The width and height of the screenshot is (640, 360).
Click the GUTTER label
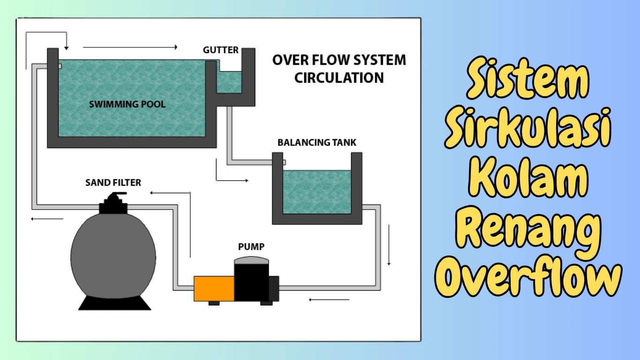point(221,50)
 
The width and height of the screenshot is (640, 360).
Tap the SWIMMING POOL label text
point(127,104)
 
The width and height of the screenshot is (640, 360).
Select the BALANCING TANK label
point(317,142)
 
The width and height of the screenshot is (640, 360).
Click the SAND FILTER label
point(113,182)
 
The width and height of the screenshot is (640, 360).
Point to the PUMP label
point(251,246)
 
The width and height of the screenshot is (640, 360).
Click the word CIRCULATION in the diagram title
point(339,77)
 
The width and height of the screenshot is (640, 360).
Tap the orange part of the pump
point(214,288)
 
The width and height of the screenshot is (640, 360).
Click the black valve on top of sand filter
point(113,203)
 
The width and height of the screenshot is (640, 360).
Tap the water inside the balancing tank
point(317,192)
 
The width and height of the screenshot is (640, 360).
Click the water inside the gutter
point(230,82)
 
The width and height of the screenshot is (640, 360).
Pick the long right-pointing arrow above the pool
point(130,47)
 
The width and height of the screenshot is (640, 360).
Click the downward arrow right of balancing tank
point(389,245)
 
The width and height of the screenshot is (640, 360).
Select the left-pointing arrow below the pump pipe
point(329,299)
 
